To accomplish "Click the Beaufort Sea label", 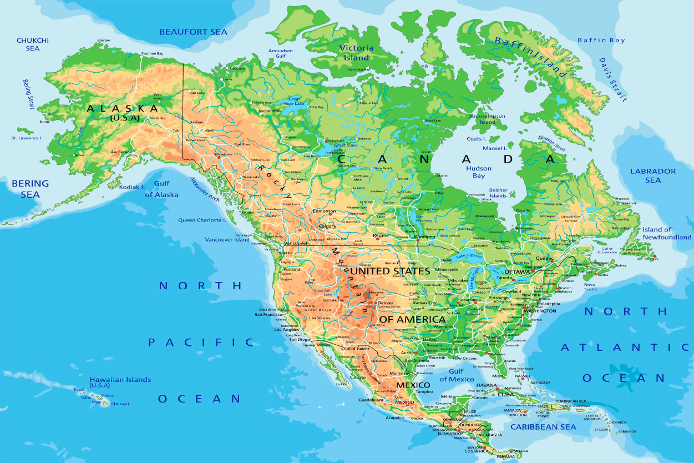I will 193,32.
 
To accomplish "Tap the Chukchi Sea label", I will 33,44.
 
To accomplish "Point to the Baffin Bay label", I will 601,41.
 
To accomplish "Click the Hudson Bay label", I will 478,172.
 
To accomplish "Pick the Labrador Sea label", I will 653,175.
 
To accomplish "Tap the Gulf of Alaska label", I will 161,189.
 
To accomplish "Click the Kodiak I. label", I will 131,187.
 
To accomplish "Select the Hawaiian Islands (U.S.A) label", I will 120,382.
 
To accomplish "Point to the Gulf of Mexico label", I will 457,375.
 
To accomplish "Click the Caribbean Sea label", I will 543,427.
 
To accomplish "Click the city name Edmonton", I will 324,211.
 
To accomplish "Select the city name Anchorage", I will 121,152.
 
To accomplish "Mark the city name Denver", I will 385,303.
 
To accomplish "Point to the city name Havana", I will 486,385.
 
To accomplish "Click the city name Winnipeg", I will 424,236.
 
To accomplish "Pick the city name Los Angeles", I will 287,329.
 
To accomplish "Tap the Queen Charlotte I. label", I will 201,220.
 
